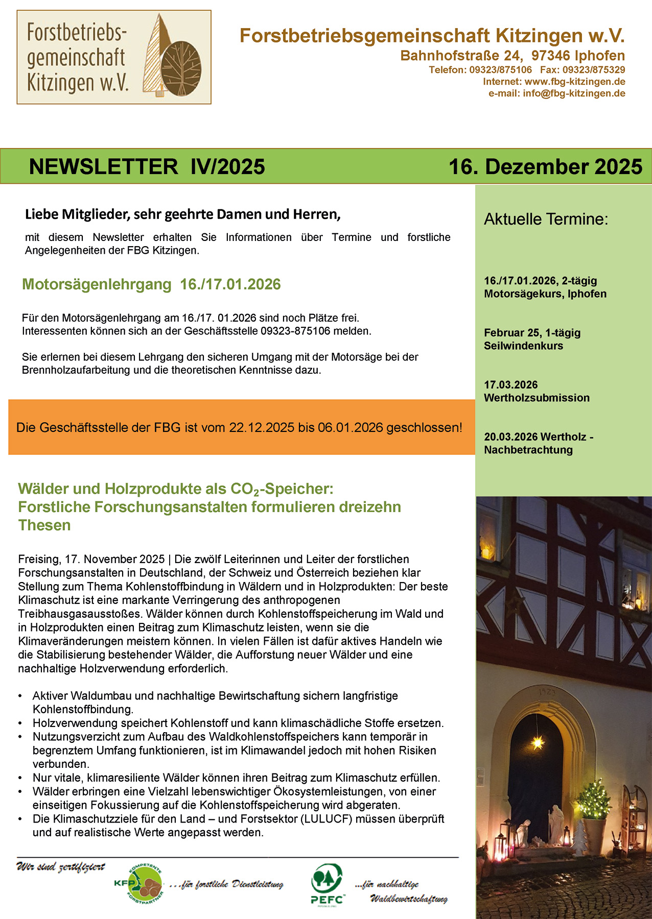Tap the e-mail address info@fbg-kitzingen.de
coord(574,93)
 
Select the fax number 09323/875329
coord(594,70)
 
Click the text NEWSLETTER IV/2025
coord(147,167)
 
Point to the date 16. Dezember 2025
coord(545,167)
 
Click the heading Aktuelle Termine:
coord(546,219)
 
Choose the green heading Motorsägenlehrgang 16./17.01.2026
coord(151,284)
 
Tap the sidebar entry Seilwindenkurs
coord(523,346)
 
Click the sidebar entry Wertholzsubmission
coord(537,398)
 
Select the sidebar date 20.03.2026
coord(510,437)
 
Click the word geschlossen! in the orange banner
coord(424,428)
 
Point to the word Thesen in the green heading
coord(44,525)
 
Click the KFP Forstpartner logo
coord(138,883)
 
